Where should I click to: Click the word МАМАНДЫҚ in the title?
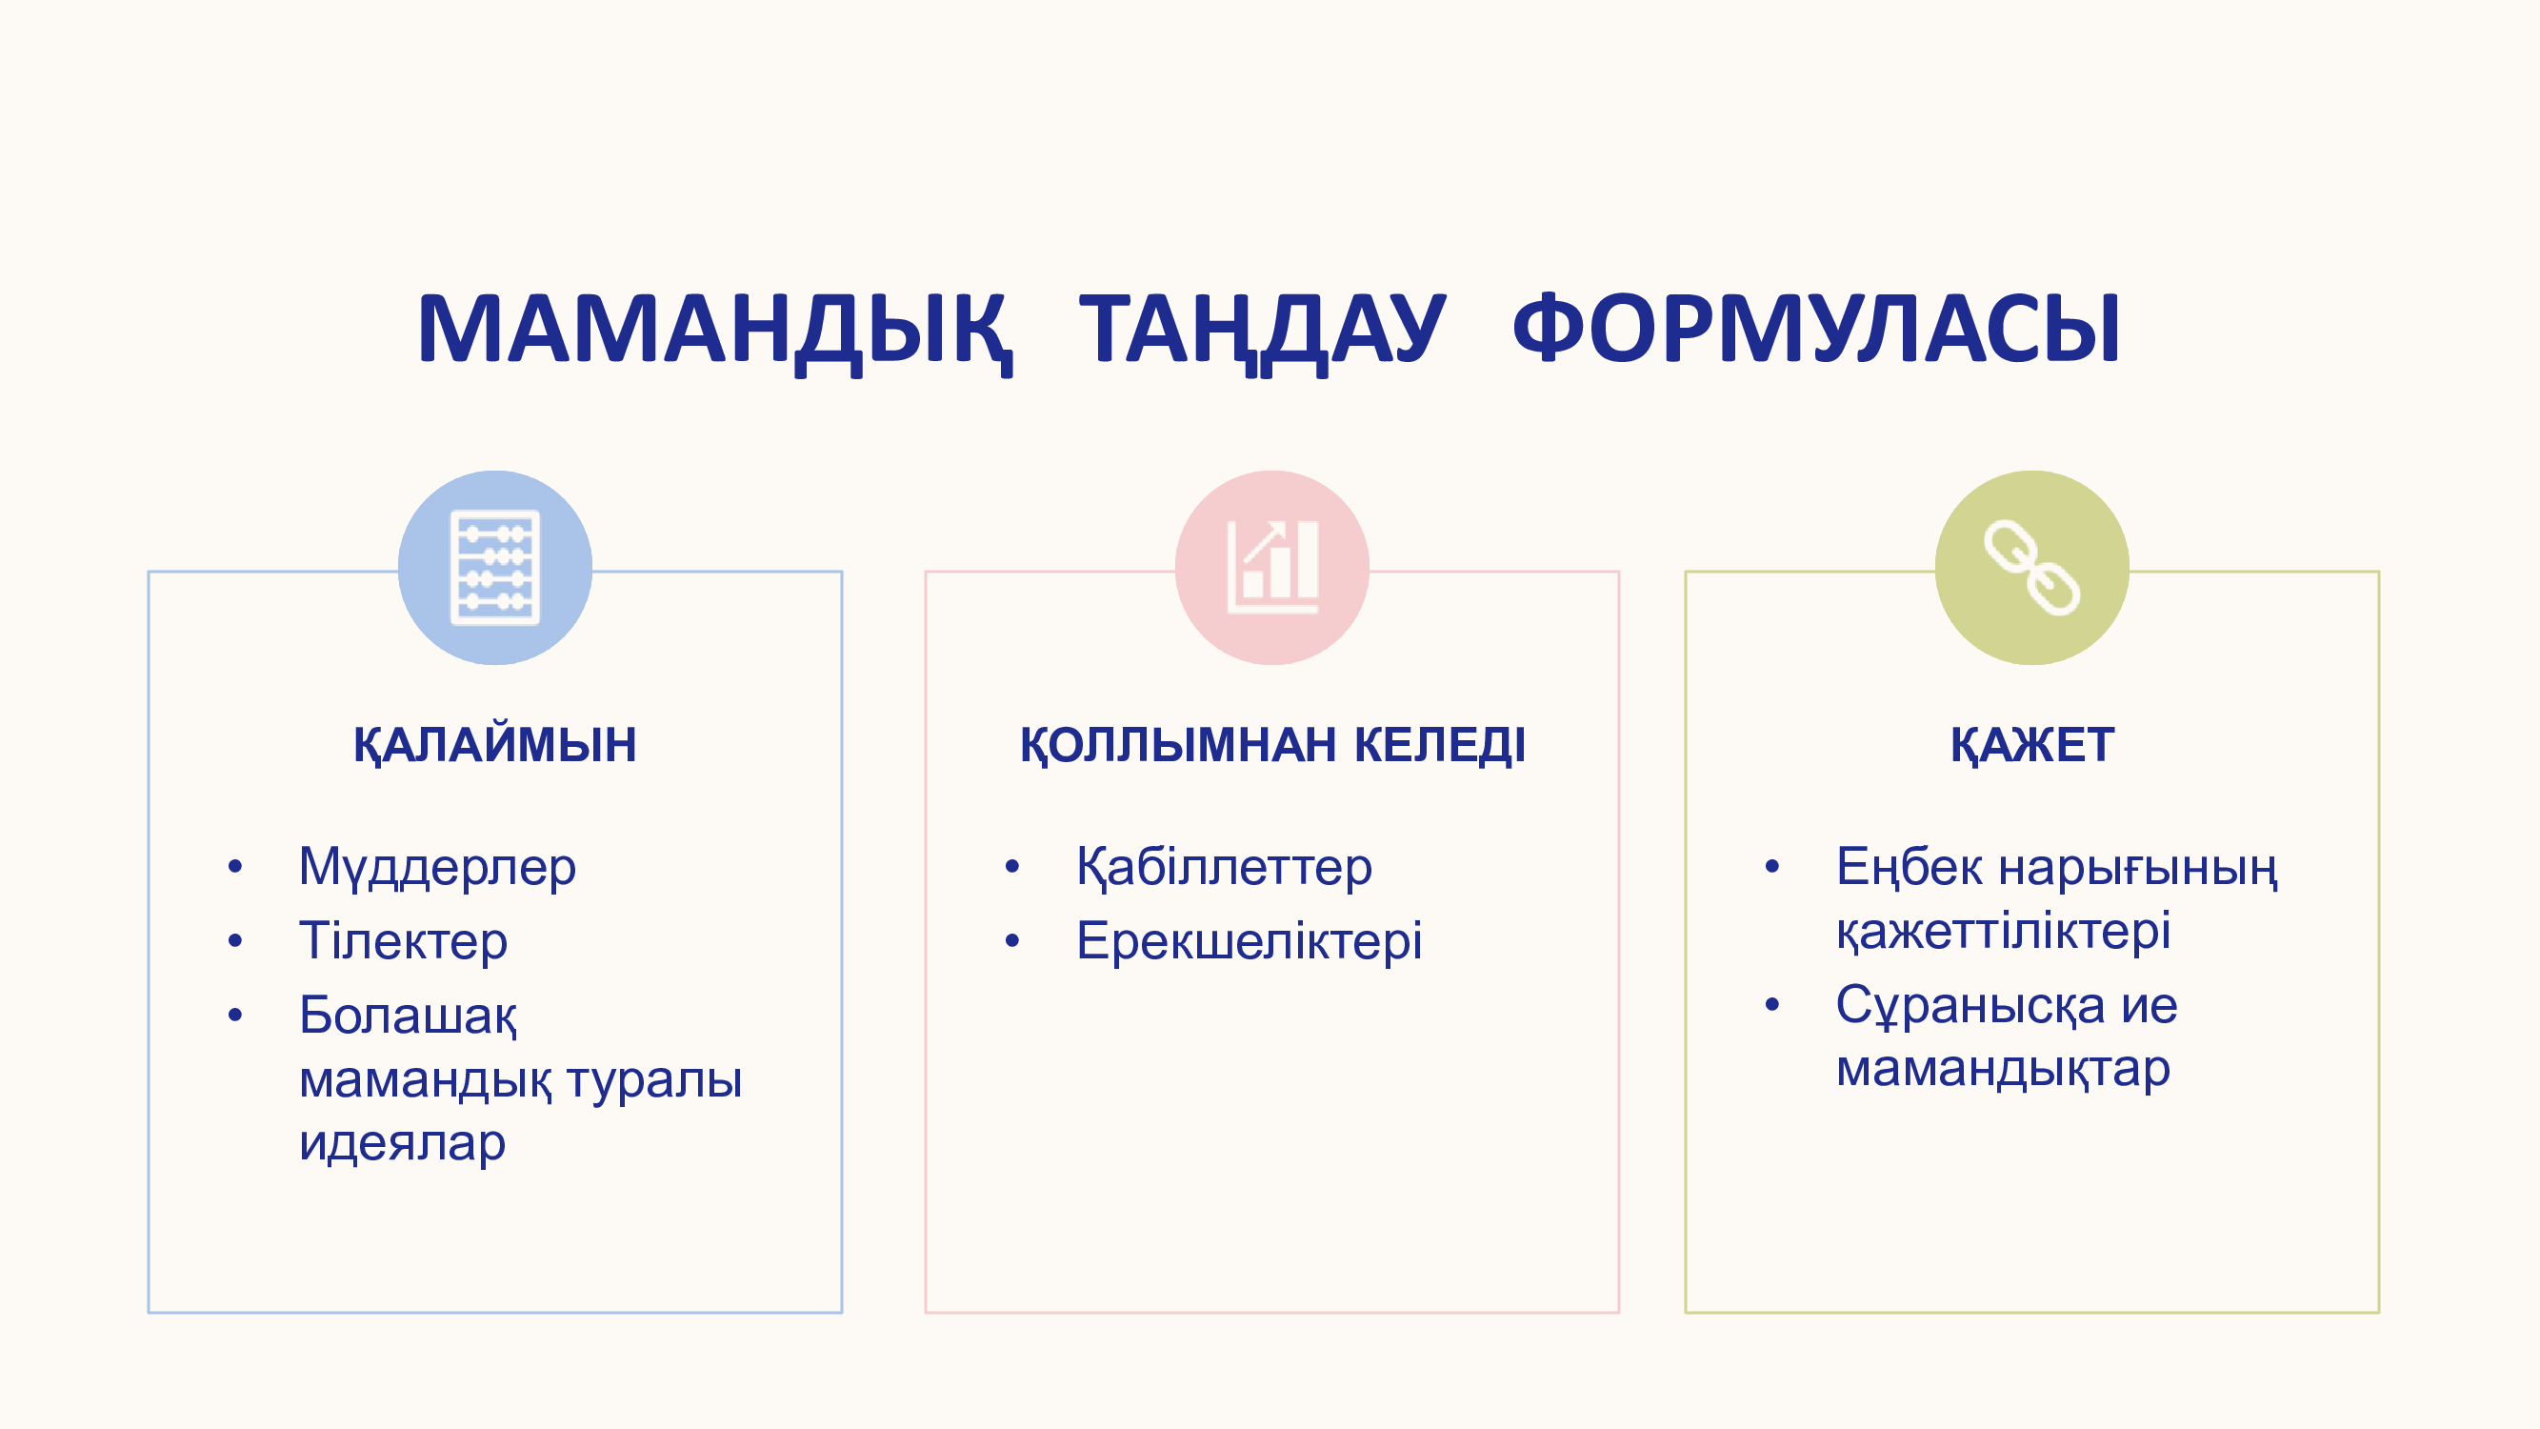click(714, 331)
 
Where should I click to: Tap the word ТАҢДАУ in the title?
click(1262, 331)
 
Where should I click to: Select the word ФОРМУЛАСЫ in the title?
click(1816, 328)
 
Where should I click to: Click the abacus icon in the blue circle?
click(495, 567)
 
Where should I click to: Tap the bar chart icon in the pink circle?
click(1273, 567)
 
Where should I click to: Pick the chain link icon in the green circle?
click(2032, 567)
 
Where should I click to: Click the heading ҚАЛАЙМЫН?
click(495, 745)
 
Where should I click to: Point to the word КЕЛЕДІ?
click(1440, 745)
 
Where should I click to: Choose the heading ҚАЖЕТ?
click(2032, 745)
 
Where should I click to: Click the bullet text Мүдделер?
click(437, 868)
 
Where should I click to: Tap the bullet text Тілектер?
click(403, 941)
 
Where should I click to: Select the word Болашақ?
click(409, 1016)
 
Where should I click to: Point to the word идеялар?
click(402, 1144)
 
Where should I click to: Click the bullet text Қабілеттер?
click(1224, 868)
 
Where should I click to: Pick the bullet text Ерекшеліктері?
click(1250, 941)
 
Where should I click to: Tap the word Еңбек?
click(1909, 868)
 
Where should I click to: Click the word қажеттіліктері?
click(2004, 932)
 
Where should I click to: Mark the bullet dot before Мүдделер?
click(234, 868)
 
